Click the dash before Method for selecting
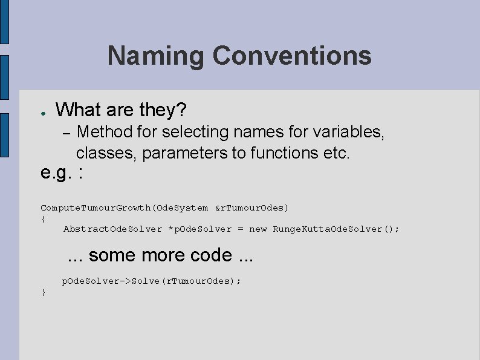[68, 132]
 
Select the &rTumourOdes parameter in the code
[252, 208]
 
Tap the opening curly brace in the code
[43, 218]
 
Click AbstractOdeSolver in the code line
[113, 229]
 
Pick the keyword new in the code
[258, 229]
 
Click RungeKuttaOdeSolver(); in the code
[336, 229]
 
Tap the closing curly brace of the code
[43, 293]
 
